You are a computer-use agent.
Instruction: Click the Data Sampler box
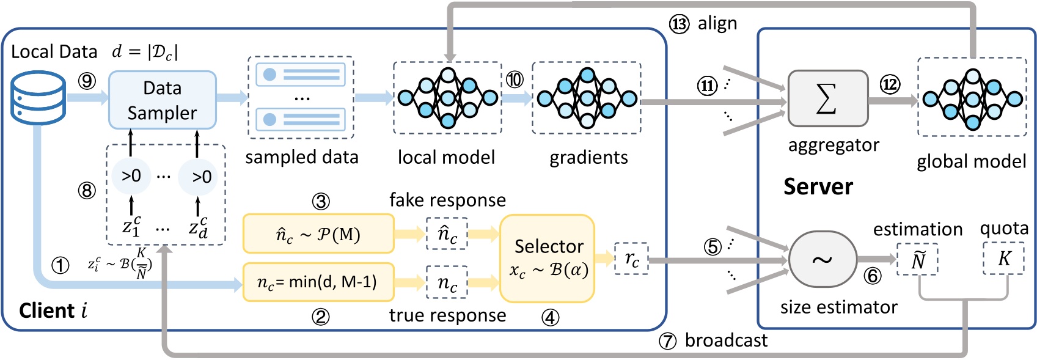point(162,100)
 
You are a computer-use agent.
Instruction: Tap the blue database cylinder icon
point(38,98)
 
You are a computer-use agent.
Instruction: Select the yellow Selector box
point(547,258)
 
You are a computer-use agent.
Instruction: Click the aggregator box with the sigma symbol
point(827,98)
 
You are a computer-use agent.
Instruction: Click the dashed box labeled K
point(1003,259)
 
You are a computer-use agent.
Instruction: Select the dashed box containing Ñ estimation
point(917,260)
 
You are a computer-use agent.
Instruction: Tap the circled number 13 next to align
point(679,24)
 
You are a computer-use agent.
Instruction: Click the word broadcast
point(726,340)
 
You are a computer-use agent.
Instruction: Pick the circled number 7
point(667,341)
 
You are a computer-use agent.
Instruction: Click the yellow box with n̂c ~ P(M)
point(318,234)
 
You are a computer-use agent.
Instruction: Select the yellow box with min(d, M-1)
point(318,282)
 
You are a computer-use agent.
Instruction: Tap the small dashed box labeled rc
point(632,259)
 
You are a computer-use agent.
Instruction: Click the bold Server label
point(818,186)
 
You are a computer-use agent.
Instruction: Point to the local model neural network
point(447,98)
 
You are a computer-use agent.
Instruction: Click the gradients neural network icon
point(587,98)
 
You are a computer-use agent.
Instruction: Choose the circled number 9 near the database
point(87,81)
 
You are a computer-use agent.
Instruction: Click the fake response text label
point(447,200)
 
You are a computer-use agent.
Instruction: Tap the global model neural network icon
point(972,98)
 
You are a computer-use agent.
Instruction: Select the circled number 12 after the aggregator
point(890,84)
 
